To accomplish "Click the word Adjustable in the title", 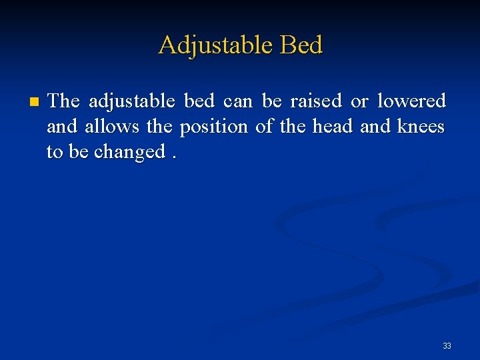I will tap(215, 46).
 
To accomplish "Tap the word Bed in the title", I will tap(301, 45).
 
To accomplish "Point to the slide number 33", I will tap(447, 345).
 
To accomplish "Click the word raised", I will tap(315, 101).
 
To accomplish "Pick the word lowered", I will tap(411, 101).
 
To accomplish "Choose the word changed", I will tap(129, 152).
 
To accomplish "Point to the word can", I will tap(238, 101).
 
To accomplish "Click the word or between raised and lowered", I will tap(359, 101).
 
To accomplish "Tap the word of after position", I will tap(265, 127).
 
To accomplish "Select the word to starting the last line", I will tap(55, 152).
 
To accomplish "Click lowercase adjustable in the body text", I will tap(132, 101).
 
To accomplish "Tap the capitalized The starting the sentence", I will tap(64, 101).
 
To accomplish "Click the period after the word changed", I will tap(175, 157).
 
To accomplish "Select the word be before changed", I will tap(79, 152).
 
